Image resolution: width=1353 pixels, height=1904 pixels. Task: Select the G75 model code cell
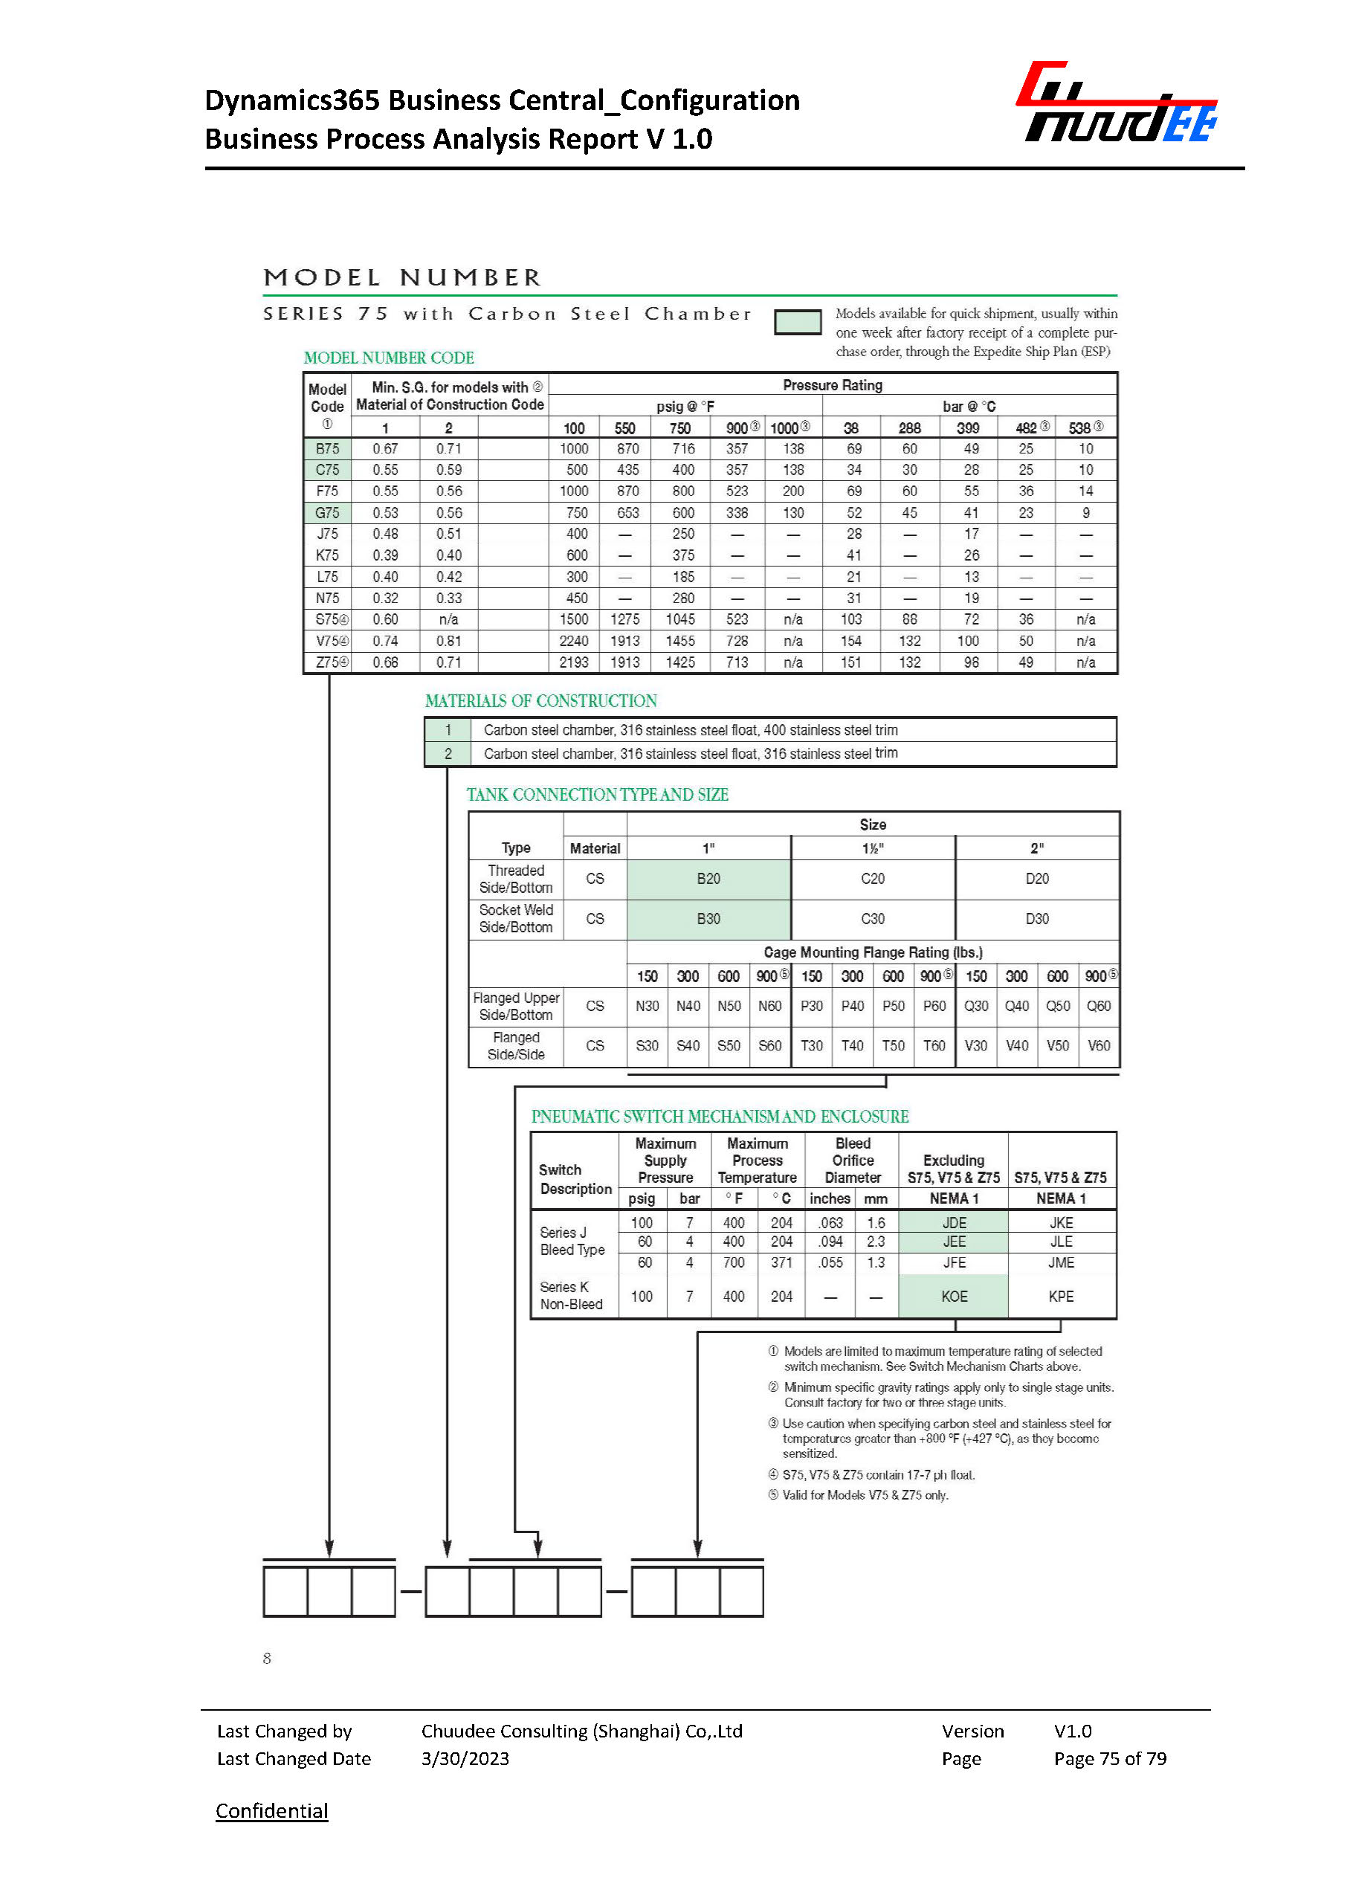pyautogui.click(x=326, y=512)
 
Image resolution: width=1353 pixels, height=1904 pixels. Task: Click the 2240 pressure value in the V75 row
pyautogui.click(x=573, y=641)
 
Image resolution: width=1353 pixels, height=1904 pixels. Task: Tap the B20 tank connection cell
pyautogui.click(x=708, y=878)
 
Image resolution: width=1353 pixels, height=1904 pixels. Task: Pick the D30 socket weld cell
pyautogui.click(x=1036, y=918)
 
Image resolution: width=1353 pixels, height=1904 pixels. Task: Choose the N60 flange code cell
pyautogui.click(x=769, y=1006)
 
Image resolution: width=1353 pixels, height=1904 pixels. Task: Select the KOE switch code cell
pyautogui.click(x=954, y=1297)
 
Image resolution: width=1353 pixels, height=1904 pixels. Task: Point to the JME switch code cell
pyautogui.click(x=1061, y=1262)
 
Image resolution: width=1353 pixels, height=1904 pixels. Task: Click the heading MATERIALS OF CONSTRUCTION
pyautogui.click(x=540, y=701)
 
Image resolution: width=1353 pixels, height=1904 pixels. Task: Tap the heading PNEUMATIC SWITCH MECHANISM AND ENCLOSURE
pyautogui.click(x=720, y=1117)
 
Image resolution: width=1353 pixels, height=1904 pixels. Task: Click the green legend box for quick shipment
pyautogui.click(x=797, y=322)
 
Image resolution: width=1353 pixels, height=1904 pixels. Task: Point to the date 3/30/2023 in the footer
pyautogui.click(x=465, y=1758)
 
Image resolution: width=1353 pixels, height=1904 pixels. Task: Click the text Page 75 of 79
pyautogui.click(x=1110, y=1758)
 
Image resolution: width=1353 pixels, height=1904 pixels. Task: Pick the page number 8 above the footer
pyautogui.click(x=267, y=1658)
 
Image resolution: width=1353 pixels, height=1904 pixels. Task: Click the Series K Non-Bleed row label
pyautogui.click(x=571, y=1296)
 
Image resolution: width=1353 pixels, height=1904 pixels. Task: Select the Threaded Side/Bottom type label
pyautogui.click(x=516, y=879)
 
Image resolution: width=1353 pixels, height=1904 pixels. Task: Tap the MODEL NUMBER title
pyautogui.click(x=402, y=277)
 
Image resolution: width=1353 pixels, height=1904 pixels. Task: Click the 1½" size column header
pyautogui.click(x=872, y=848)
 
